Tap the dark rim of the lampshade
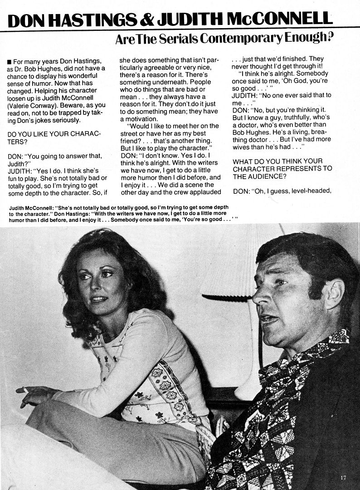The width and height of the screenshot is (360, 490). (x=227, y=298)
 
